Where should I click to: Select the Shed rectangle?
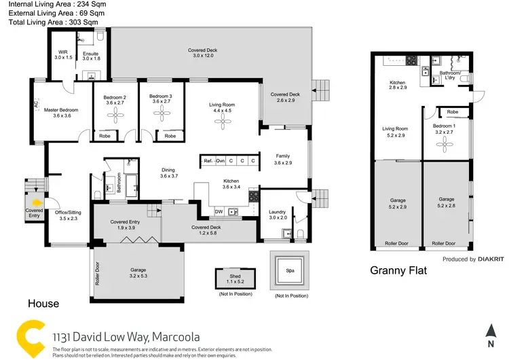click(x=235, y=277)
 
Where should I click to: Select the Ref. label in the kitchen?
click(x=208, y=161)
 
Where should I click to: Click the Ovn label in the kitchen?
click(x=221, y=161)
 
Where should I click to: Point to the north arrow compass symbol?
click(x=491, y=331)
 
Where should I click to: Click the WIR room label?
click(x=63, y=52)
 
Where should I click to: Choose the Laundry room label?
click(x=277, y=212)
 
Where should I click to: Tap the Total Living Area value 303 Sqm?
click(x=81, y=22)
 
